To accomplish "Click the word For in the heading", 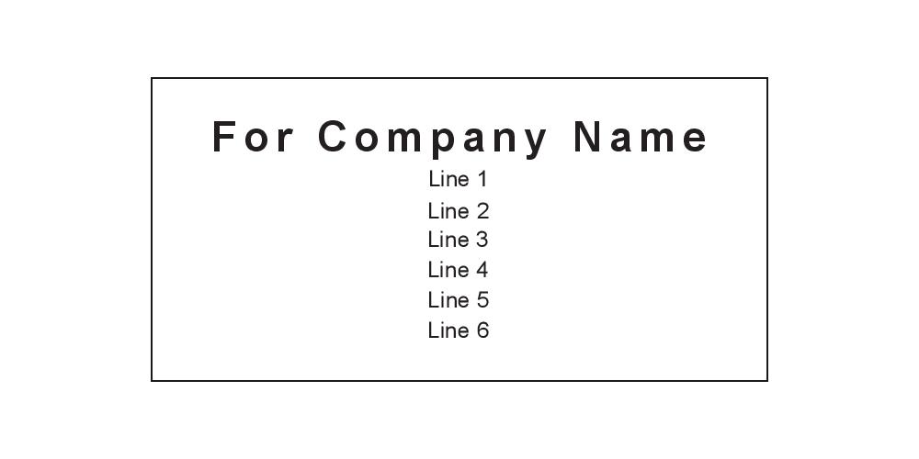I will click(254, 137).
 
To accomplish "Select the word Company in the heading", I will click(433, 138).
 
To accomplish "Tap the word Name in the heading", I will click(641, 137).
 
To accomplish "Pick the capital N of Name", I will click(590, 137).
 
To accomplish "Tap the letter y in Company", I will click(534, 140).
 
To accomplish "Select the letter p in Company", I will click(446, 140).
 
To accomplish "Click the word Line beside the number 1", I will click(448, 179).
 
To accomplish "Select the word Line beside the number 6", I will click(448, 330).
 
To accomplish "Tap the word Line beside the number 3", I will click(448, 240).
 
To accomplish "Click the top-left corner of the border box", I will click(152, 78).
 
